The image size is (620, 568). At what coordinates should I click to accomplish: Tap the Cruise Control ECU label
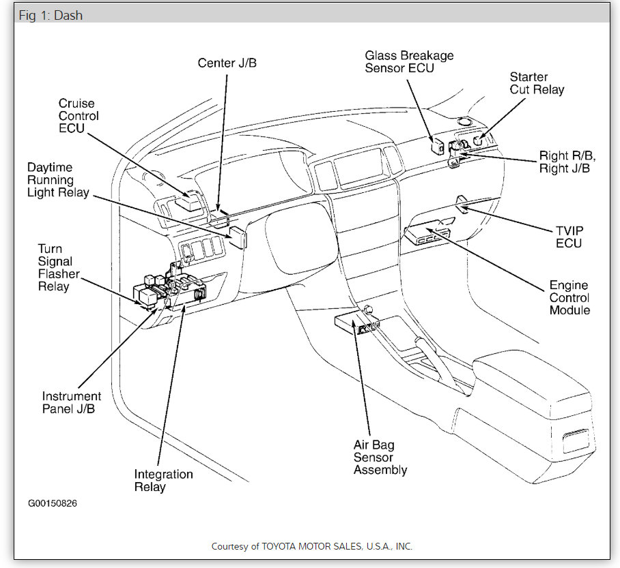(x=79, y=116)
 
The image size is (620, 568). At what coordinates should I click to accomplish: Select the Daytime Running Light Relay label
(x=59, y=180)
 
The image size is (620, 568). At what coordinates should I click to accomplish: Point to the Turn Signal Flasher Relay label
(x=59, y=268)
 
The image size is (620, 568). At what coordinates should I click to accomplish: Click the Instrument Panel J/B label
(x=72, y=402)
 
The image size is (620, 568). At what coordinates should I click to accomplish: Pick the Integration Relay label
(x=163, y=481)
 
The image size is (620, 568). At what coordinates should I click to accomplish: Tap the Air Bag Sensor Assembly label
(x=380, y=458)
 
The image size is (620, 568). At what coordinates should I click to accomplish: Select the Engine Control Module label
(x=569, y=298)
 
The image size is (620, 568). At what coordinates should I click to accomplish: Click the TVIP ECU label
(x=569, y=237)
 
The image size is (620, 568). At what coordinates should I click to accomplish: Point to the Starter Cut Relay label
(x=537, y=83)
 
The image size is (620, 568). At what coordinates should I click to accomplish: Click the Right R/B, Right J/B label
(x=565, y=162)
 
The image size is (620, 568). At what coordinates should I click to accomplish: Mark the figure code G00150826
(x=57, y=504)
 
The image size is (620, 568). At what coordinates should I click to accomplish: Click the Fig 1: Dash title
(x=51, y=15)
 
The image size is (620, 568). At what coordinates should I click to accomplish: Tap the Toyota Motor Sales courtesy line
(x=311, y=546)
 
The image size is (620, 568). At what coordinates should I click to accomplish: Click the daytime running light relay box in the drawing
(x=237, y=237)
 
